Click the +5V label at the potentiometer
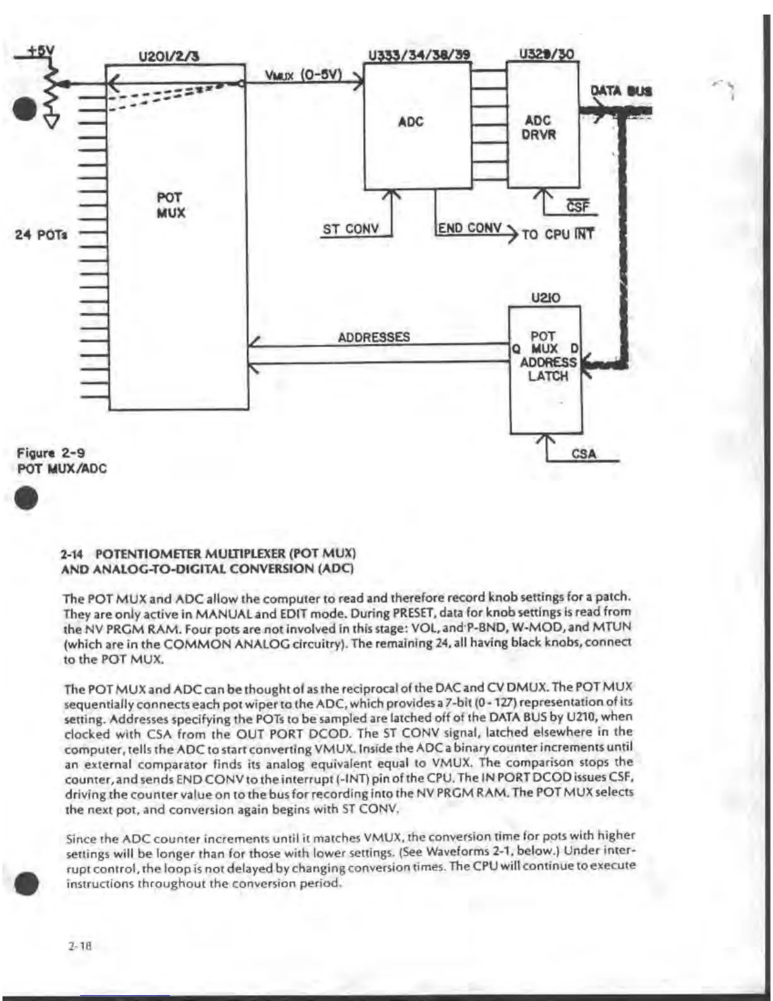[x=41, y=50]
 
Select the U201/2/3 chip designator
[x=169, y=57]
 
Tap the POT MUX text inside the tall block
[x=171, y=205]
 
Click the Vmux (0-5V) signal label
[x=303, y=75]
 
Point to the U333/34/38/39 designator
[x=419, y=54]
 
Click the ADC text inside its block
[x=410, y=122]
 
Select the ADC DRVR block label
[x=538, y=128]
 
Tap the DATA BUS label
[x=621, y=91]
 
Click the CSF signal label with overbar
[x=577, y=207]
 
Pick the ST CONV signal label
[x=351, y=229]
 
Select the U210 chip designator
[x=545, y=298]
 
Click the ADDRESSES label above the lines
[x=373, y=337]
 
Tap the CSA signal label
[x=583, y=454]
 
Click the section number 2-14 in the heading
[x=73, y=554]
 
